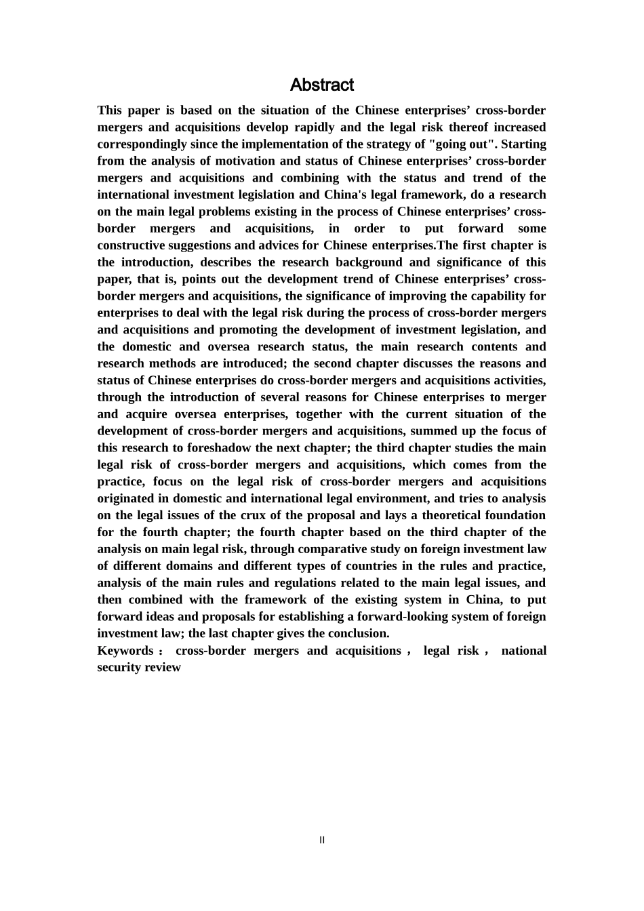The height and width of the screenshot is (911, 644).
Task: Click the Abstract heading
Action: (321, 85)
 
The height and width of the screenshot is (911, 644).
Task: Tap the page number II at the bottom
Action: (322, 840)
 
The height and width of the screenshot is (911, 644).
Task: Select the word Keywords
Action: (125, 651)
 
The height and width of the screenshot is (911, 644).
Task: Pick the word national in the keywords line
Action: (523, 651)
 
